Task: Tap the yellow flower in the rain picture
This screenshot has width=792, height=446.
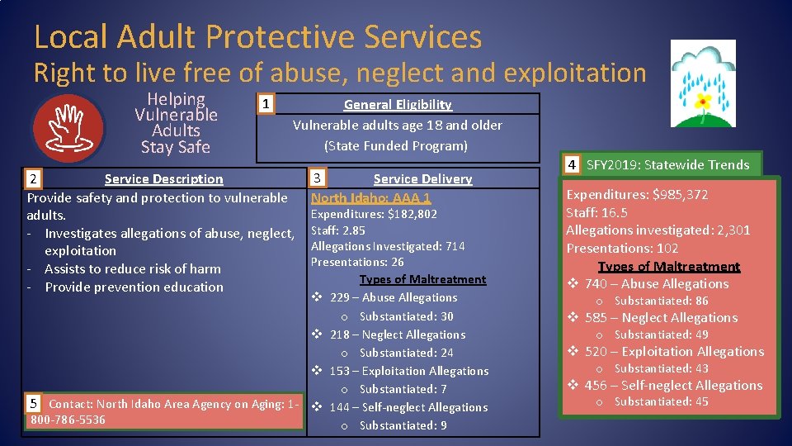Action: pos(702,102)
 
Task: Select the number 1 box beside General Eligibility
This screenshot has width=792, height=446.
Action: pos(264,104)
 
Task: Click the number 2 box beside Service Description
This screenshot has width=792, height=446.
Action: pos(32,178)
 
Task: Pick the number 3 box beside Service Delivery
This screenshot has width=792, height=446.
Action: pos(318,178)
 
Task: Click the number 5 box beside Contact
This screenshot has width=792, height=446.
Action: pos(34,404)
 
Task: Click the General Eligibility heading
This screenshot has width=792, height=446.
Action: pos(398,104)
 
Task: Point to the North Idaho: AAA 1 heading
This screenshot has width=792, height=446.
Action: pos(370,197)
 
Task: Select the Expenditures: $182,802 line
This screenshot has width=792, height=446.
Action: pos(374,214)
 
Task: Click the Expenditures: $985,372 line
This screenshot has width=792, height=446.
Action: pos(637,195)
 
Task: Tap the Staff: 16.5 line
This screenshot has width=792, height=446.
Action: pos(596,212)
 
